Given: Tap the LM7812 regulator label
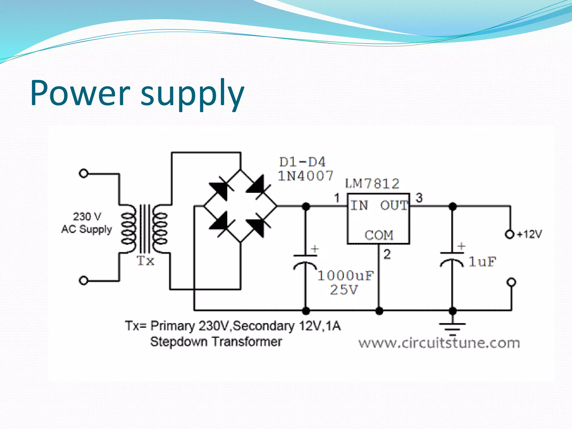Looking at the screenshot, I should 372,183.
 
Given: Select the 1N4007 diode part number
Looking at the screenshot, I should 306,176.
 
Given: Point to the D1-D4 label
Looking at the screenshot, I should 302,162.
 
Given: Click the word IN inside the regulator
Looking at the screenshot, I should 359,206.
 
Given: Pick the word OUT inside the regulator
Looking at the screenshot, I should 394,206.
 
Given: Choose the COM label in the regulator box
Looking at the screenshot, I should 379,235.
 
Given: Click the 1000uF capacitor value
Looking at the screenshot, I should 345,276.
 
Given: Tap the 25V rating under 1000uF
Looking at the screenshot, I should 344,290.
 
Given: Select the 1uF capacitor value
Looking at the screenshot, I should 482,262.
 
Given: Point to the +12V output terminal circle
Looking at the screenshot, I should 509,234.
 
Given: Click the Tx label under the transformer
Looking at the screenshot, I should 145,261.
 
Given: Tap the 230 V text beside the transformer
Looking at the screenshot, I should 87,216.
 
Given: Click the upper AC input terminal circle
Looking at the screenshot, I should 84,173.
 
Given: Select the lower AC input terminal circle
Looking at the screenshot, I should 84,280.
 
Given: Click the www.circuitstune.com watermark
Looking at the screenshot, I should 439,343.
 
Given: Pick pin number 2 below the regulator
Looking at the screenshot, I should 387,254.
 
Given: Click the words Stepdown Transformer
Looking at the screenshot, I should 216,342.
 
